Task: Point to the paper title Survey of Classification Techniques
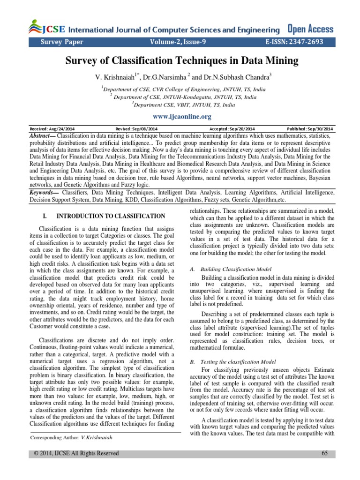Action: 180,61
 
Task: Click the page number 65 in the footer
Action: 325,453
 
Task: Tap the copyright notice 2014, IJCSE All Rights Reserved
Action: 74,453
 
